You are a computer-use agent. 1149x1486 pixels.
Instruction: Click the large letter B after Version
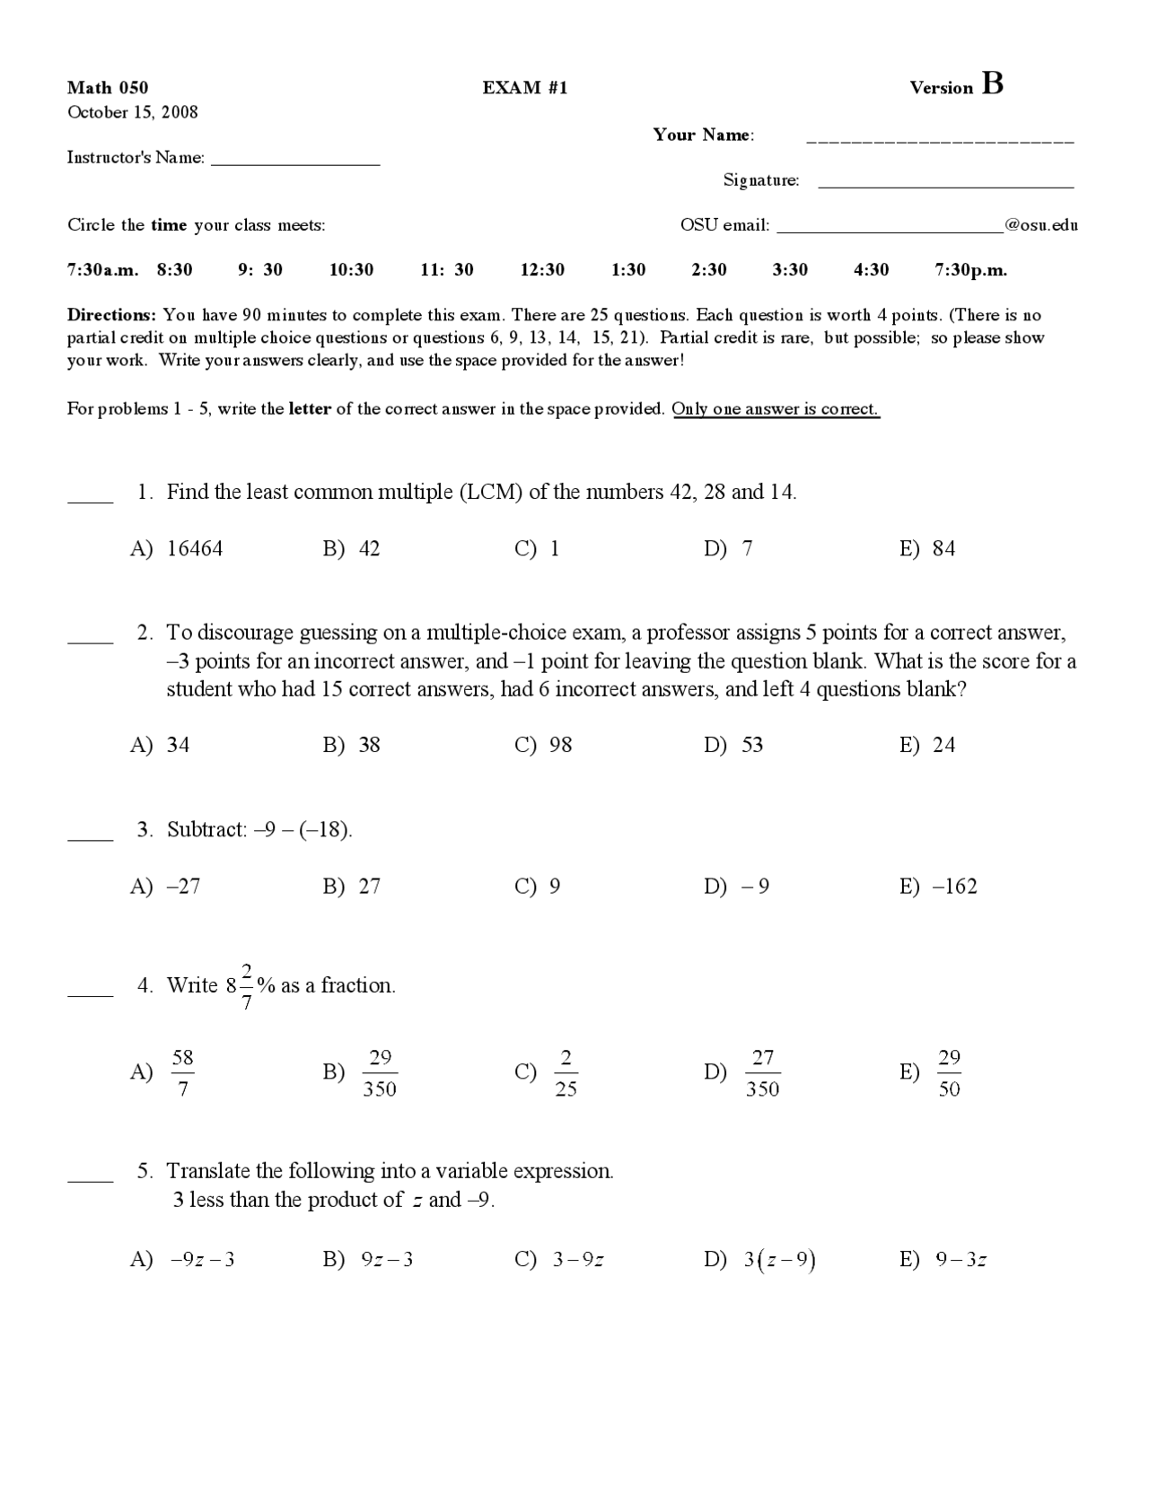(x=993, y=83)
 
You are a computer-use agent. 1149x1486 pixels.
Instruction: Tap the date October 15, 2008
(x=133, y=112)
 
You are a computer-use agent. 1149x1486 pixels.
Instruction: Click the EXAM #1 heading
(x=525, y=87)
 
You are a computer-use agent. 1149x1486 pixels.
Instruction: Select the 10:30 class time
(x=351, y=270)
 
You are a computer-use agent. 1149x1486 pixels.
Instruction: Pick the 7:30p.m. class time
(x=970, y=270)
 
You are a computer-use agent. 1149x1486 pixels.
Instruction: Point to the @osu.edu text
(x=1041, y=225)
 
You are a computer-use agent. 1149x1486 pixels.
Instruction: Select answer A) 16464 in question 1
(x=177, y=548)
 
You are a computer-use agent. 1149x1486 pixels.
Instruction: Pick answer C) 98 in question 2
(x=543, y=745)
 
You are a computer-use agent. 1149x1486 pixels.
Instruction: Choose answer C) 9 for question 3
(x=538, y=887)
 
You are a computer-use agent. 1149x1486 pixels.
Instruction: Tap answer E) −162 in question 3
(x=938, y=887)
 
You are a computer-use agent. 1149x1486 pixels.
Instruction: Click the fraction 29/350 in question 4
(x=380, y=1073)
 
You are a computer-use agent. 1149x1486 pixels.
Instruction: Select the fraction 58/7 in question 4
(x=182, y=1073)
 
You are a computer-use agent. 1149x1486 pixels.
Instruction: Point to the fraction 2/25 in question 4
(x=566, y=1073)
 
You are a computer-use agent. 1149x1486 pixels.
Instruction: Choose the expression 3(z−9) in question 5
(x=778, y=1260)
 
